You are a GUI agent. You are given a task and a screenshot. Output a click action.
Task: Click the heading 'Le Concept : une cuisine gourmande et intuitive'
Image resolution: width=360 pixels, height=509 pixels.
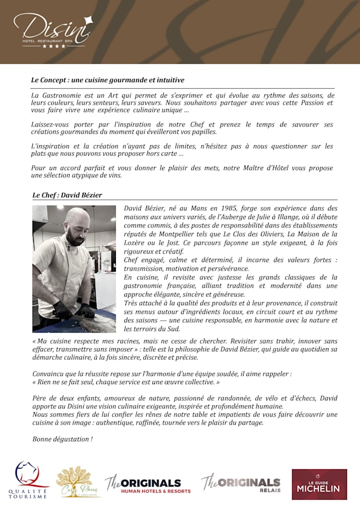point(107,80)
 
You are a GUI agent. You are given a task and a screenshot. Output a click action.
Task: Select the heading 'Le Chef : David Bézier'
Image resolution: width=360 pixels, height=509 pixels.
point(67,195)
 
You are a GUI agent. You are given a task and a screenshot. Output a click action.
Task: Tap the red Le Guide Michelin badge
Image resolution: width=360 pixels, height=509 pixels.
point(319,484)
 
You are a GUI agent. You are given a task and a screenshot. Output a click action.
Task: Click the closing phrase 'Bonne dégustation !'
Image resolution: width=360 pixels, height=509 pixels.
point(62,439)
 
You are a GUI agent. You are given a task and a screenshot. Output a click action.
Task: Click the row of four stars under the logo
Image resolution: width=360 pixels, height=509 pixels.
point(54,46)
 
